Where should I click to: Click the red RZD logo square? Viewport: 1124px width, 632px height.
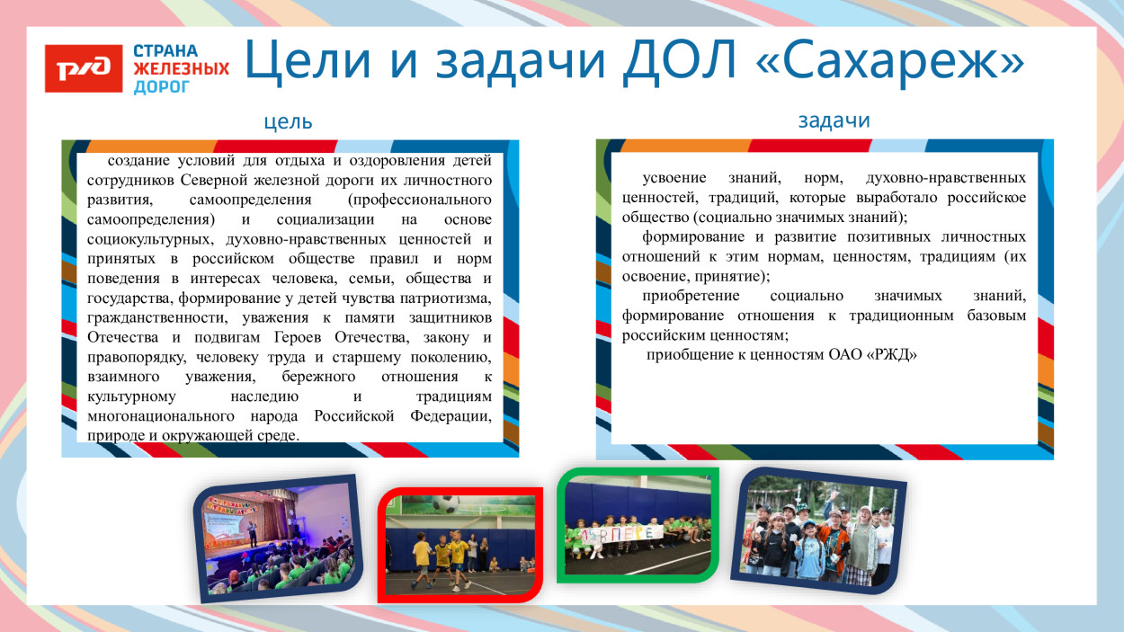(x=84, y=68)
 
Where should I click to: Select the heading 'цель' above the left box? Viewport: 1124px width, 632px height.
(x=289, y=122)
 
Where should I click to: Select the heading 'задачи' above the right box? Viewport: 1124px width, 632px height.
(x=834, y=120)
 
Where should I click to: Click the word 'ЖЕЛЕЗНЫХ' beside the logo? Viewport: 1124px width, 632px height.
(x=181, y=68)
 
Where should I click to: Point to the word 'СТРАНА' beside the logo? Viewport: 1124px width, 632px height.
(x=165, y=50)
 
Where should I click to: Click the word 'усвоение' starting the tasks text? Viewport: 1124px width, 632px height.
(x=674, y=177)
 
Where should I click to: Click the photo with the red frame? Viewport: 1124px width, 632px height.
(x=459, y=545)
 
